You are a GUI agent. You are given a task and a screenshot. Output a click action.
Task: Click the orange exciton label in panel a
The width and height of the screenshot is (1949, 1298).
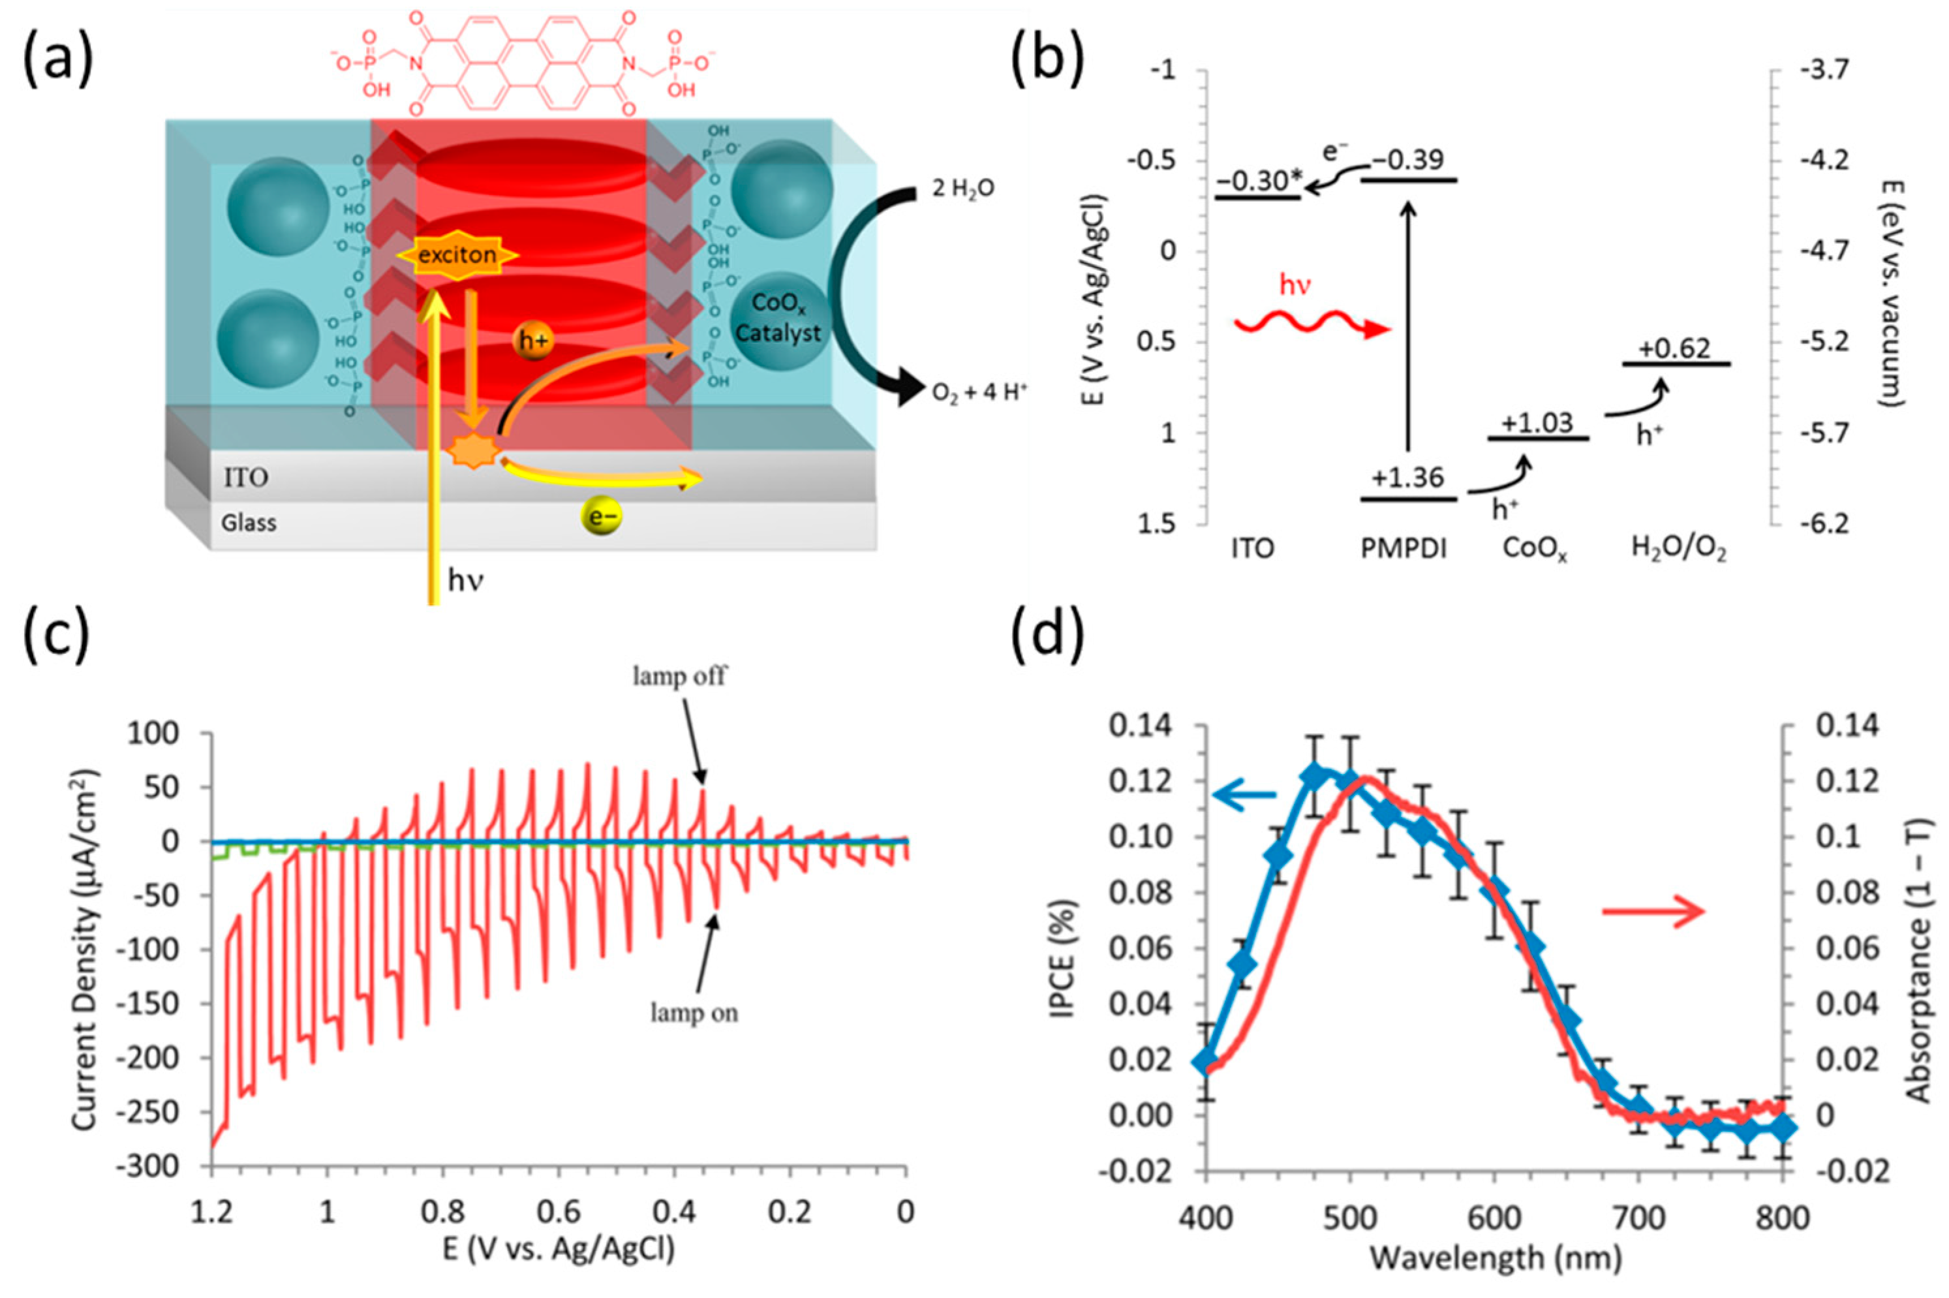(457, 254)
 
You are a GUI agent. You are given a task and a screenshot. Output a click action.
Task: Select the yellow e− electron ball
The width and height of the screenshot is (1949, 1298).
(601, 518)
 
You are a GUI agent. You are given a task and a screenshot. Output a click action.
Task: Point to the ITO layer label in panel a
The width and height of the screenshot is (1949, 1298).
(246, 478)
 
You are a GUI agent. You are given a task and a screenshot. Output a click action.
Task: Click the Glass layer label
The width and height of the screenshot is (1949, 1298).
(249, 523)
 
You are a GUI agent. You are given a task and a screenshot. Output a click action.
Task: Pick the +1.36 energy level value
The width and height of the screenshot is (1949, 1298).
(1407, 478)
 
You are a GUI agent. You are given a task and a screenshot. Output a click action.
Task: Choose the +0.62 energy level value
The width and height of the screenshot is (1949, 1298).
(1676, 348)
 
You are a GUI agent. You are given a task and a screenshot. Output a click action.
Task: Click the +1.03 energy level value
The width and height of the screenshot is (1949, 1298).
(1537, 423)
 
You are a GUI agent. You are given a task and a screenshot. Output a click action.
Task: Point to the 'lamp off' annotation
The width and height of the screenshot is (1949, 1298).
(679, 676)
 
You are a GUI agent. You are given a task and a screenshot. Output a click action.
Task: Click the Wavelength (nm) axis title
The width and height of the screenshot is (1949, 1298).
(1495, 1258)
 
